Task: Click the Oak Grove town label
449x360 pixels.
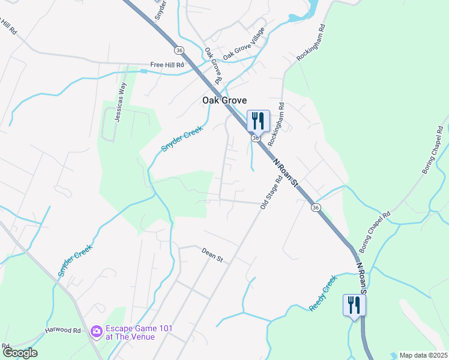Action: click(x=224, y=101)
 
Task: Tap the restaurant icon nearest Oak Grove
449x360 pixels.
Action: click(x=258, y=121)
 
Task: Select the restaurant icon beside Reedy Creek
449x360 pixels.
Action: click(x=354, y=305)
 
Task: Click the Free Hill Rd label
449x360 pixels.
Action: click(x=165, y=64)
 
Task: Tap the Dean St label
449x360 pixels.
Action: click(x=212, y=256)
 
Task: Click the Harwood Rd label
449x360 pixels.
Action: click(x=63, y=331)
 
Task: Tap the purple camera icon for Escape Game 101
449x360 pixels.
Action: click(x=96, y=331)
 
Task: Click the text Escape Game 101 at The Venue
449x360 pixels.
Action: click(x=130, y=332)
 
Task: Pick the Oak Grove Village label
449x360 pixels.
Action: click(x=244, y=44)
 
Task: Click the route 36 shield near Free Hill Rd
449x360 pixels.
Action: click(x=179, y=49)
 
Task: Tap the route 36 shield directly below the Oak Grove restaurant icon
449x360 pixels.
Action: click(x=256, y=139)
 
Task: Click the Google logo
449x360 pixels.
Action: click(x=20, y=352)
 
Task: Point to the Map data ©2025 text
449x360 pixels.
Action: click(x=423, y=355)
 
